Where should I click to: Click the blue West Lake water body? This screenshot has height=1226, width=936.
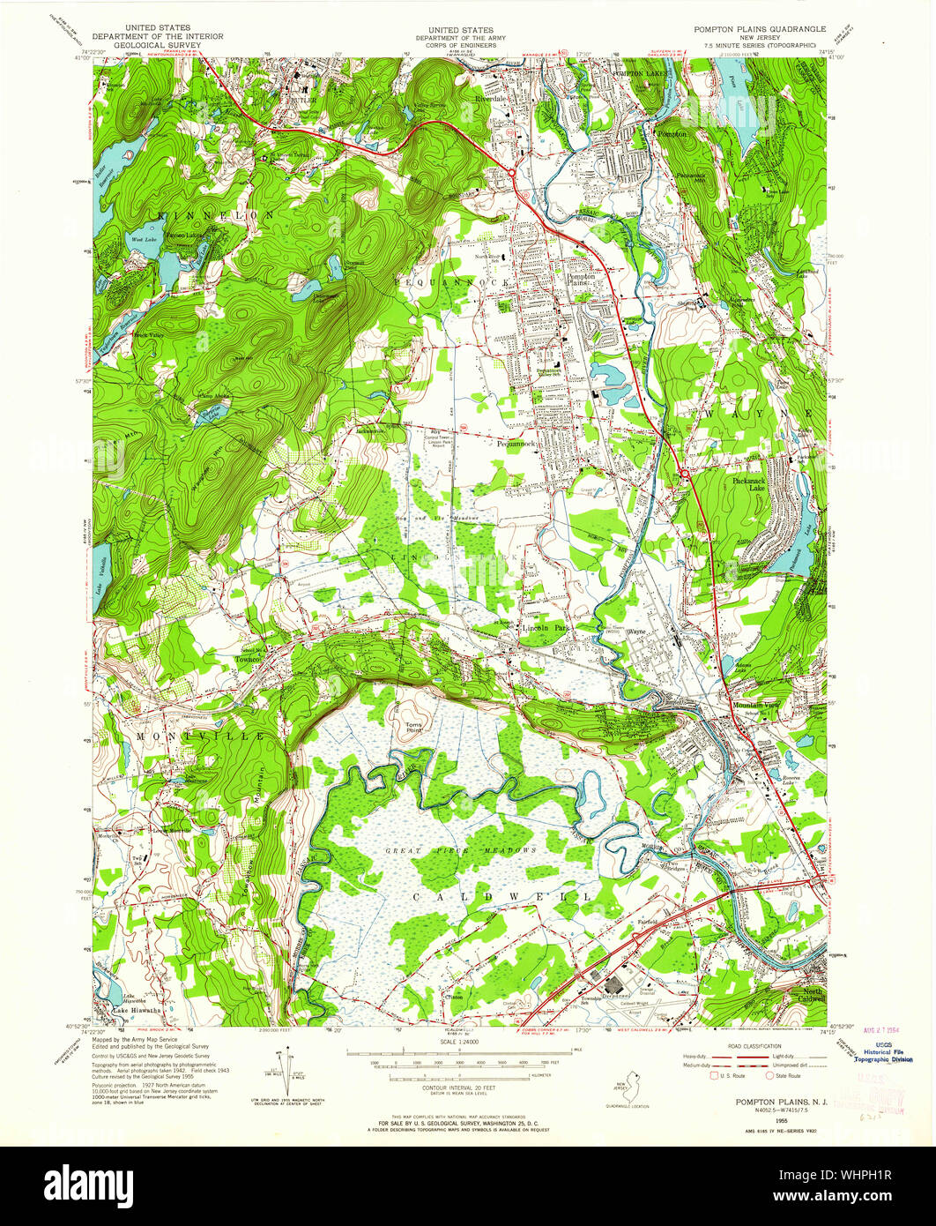(141, 251)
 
